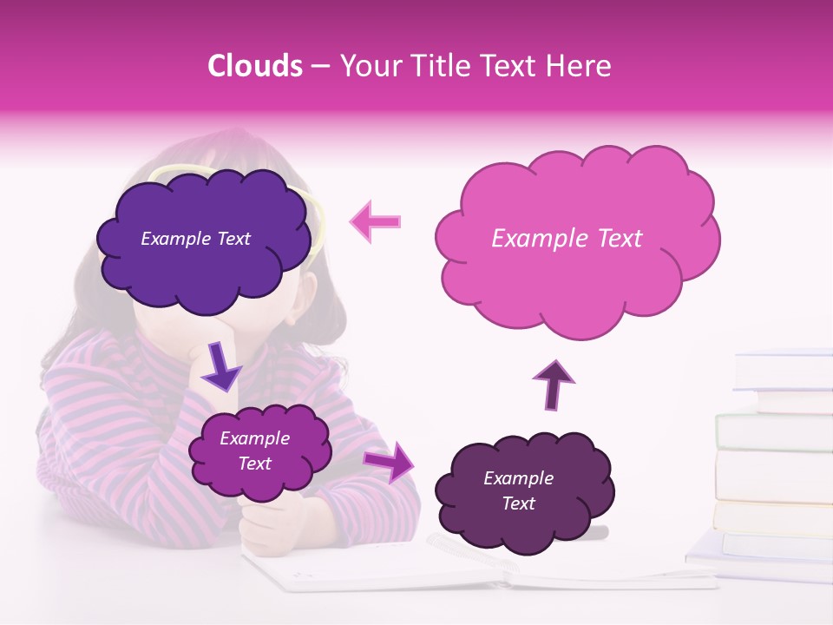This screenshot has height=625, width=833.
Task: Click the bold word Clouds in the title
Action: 255,66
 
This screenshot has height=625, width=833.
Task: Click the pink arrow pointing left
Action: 377,221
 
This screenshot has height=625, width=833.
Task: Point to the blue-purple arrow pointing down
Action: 221,366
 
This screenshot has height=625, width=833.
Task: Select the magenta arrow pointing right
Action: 388,461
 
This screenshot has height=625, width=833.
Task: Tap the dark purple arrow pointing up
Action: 554,384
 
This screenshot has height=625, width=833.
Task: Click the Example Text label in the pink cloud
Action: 567,239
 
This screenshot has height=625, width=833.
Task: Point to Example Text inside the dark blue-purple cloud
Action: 195,239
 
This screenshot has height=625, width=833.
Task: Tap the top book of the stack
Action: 783,369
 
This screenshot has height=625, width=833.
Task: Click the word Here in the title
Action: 579,66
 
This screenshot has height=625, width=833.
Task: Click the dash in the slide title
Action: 320,67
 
